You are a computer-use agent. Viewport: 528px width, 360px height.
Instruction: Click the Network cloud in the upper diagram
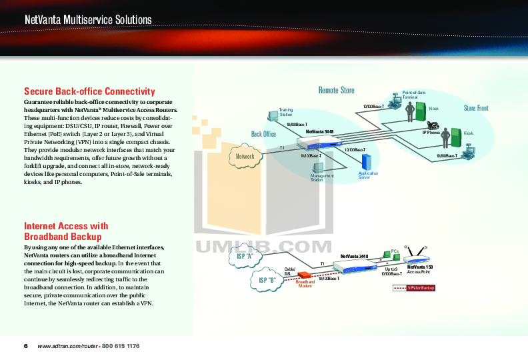245,156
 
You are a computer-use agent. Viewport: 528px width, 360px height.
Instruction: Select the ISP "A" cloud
245,256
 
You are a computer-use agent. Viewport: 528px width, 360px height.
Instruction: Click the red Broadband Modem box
305,275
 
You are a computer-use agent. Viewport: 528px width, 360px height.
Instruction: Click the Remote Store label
336,90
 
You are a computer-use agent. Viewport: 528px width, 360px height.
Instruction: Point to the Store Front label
476,108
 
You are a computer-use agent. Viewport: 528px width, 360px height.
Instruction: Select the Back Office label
263,134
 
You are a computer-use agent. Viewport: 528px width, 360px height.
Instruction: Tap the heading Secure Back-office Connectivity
89,91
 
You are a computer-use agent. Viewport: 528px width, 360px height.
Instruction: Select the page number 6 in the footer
26,346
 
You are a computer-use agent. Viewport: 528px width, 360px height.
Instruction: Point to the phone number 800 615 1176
121,346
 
